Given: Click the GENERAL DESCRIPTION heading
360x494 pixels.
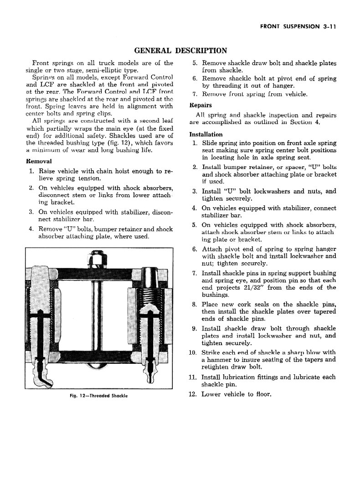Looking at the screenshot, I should point(180,50).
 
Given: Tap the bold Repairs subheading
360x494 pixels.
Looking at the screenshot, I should point(200,105).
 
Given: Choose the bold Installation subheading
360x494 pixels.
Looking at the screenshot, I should point(206,134).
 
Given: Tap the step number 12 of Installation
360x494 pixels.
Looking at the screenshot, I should point(192,394).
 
